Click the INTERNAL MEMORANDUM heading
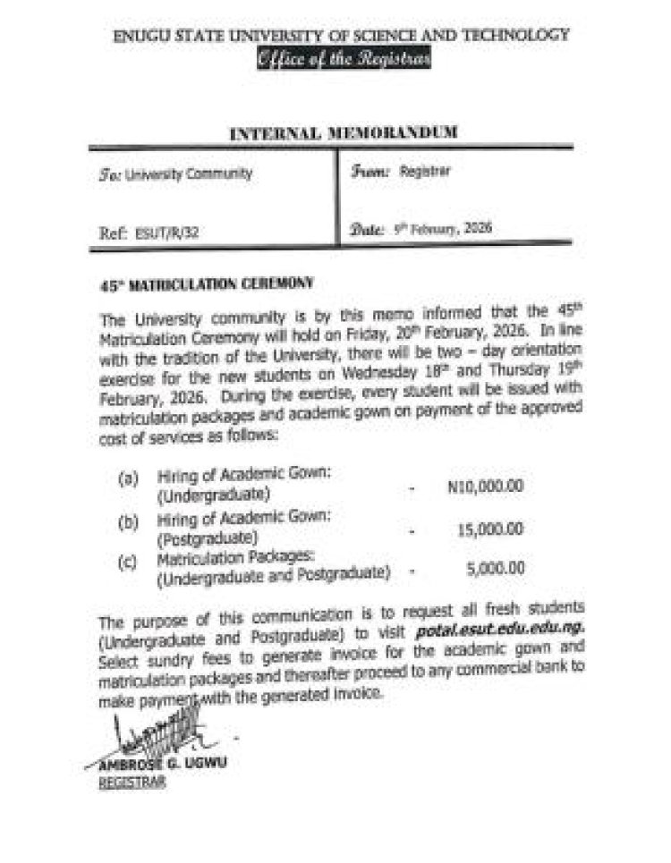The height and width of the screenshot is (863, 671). [x=344, y=133]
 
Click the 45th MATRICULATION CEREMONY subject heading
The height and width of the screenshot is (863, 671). [x=205, y=283]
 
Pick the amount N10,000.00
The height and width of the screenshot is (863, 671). [x=484, y=486]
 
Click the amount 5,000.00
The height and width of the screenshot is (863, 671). [x=495, y=567]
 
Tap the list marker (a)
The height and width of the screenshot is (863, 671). [x=128, y=480]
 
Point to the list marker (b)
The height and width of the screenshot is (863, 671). [x=128, y=521]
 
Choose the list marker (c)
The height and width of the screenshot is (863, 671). [x=128, y=560]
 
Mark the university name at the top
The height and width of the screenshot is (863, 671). [x=341, y=36]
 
